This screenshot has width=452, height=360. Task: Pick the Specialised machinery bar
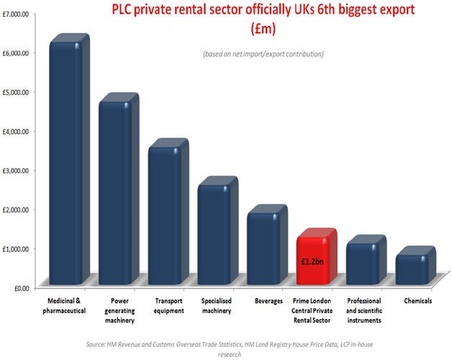(x=214, y=233)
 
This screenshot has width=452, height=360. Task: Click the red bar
(x=314, y=259)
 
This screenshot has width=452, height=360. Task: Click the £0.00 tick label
(x=17, y=288)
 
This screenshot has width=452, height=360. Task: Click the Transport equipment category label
(x=169, y=305)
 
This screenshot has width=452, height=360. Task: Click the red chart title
(x=242, y=19)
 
